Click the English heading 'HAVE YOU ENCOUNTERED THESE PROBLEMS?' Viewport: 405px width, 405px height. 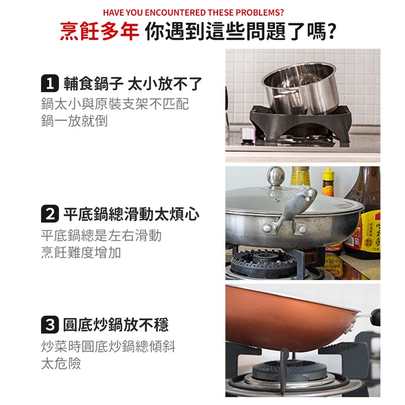pos(193,12)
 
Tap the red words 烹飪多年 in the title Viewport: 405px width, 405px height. pos(99,31)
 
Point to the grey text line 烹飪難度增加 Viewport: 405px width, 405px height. pos(80,253)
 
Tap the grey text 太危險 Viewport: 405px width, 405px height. pos(61,363)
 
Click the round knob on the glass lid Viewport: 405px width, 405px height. pos(276,176)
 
